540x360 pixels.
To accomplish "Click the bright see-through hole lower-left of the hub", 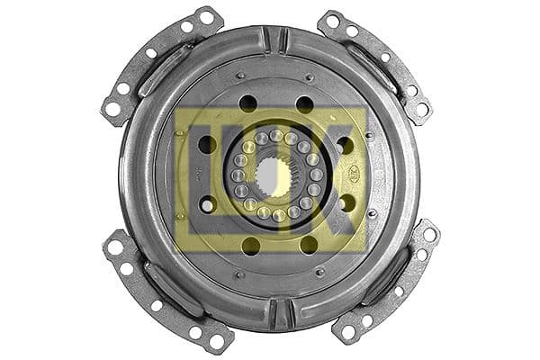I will tap(208, 205).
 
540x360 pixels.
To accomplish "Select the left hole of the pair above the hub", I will tap(247, 103).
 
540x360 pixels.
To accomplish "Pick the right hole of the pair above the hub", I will tap(305, 104).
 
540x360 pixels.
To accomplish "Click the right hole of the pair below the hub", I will tap(309, 244).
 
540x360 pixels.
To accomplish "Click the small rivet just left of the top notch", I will tap(240, 75).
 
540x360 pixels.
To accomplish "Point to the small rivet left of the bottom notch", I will tap(239, 274).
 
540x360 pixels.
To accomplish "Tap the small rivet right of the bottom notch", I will tap(319, 271).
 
